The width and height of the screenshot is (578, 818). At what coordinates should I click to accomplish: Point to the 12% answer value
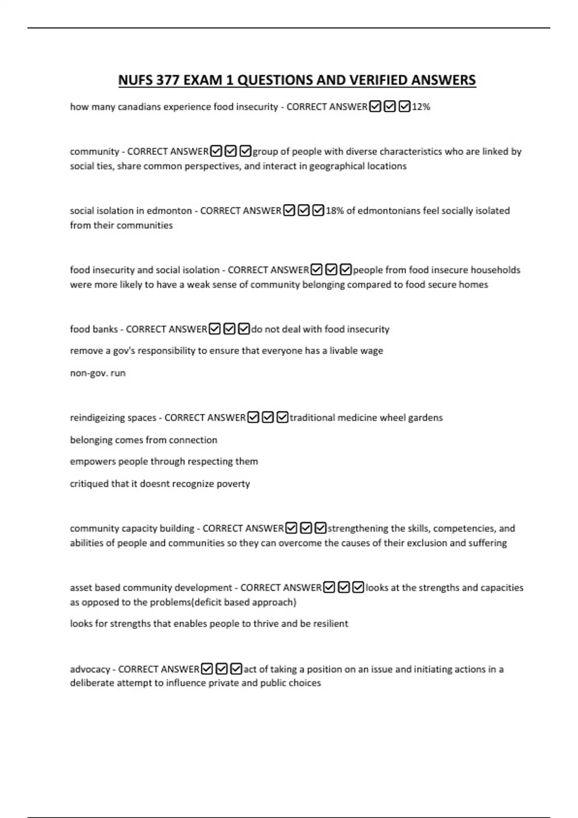click(421, 107)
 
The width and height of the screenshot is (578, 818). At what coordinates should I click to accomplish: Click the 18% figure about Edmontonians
click(334, 211)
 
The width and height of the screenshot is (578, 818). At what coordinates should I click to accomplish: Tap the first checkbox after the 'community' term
click(216, 152)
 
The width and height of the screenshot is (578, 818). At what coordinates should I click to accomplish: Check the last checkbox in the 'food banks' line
click(244, 329)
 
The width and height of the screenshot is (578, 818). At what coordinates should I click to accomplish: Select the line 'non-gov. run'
click(98, 373)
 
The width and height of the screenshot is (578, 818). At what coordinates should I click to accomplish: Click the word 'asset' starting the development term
click(81, 588)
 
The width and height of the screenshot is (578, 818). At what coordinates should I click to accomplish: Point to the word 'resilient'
click(330, 624)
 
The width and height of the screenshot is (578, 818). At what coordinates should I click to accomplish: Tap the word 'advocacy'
click(90, 669)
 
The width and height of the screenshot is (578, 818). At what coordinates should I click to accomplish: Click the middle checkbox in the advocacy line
click(222, 669)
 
